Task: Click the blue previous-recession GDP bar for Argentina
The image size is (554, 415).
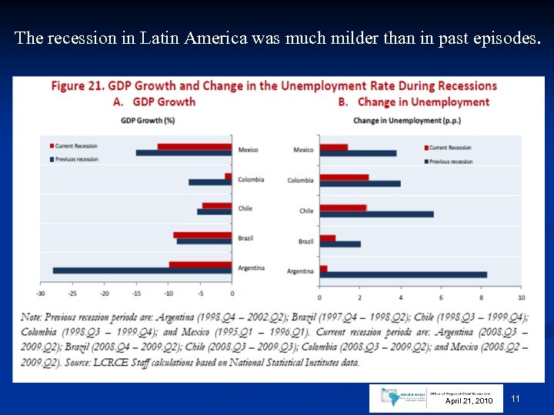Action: [x=142, y=271]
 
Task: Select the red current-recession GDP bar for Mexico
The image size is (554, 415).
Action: [x=195, y=146]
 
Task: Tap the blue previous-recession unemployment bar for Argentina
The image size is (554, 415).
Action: [x=403, y=274]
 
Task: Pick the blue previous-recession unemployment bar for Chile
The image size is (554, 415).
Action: [x=376, y=214]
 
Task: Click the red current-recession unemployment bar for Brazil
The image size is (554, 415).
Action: [x=328, y=238]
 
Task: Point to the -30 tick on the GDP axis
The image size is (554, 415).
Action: [x=41, y=293]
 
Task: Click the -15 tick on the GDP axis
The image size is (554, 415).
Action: [x=136, y=293]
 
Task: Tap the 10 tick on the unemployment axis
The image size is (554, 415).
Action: [x=521, y=297]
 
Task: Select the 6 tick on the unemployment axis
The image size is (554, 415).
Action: [x=440, y=297]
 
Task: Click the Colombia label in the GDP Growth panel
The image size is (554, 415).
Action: [x=250, y=179]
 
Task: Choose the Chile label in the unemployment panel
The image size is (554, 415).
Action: [x=306, y=211]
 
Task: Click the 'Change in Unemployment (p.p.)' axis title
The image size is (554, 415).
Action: [x=397, y=120]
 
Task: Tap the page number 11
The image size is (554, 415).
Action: [x=516, y=398]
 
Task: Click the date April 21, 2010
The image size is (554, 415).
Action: [x=469, y=401]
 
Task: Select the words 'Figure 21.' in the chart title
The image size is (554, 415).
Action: [x=77, y=86]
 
